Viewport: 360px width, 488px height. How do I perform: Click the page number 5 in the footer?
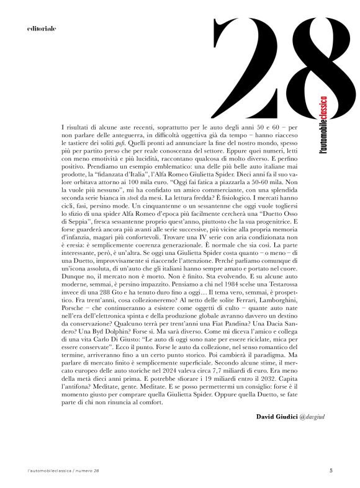[331, 471]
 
